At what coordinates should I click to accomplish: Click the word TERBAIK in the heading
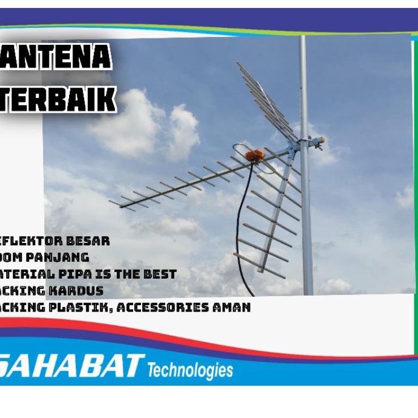[57, 98]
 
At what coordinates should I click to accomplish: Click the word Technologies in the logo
[190, 370]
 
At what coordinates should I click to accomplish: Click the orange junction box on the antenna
[255, 155]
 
